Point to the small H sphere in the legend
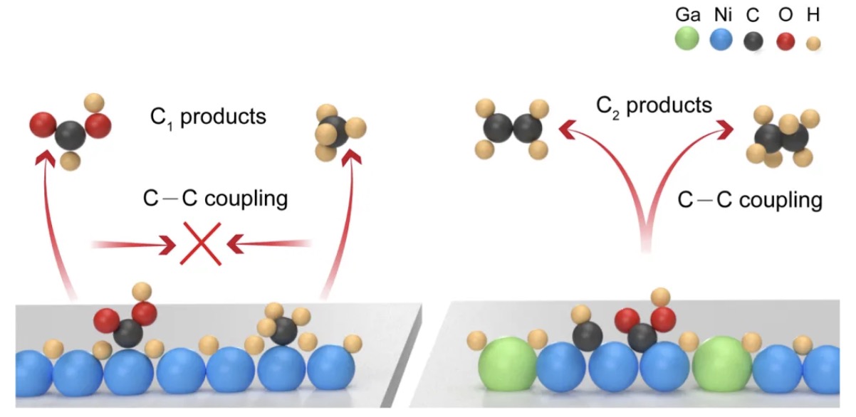coord(813,43)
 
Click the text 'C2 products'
coord(654,106)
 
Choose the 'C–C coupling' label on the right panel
coord(749,200)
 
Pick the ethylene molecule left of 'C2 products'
coord(511,129)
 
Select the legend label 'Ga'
coord(688,14)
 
